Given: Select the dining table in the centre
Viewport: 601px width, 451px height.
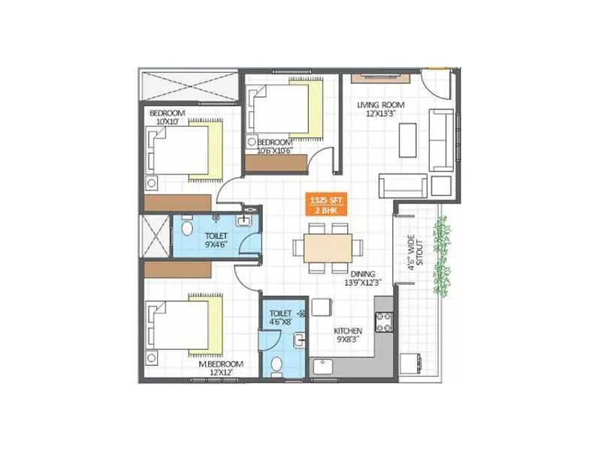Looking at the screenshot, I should coord(328,248).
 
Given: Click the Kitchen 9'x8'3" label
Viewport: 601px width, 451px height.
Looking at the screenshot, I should coord(348,335).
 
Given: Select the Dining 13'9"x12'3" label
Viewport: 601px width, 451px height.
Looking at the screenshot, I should coord(362,279).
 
